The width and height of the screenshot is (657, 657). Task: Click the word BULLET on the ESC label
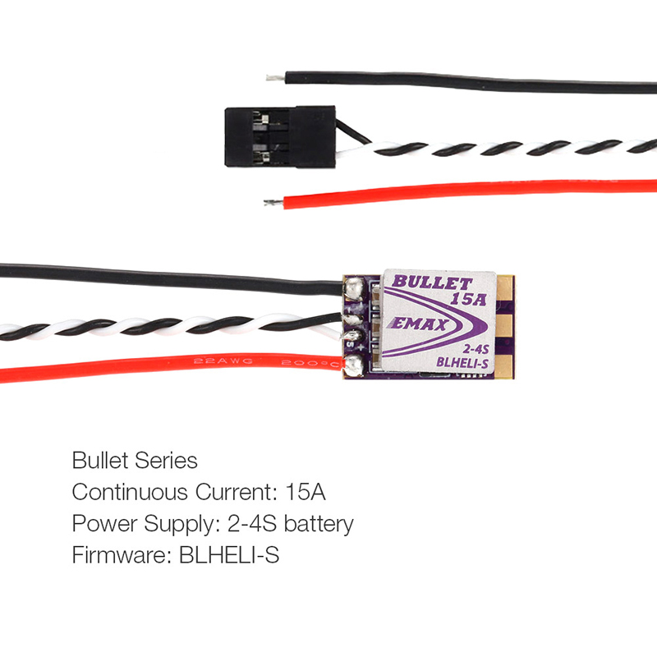432,283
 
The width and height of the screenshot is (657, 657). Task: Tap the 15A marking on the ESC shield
468,299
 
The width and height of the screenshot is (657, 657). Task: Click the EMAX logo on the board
419,324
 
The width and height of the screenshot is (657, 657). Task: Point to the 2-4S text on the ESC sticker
476,349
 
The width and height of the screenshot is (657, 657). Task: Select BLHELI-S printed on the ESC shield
462,362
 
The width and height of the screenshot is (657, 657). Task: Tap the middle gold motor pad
505,327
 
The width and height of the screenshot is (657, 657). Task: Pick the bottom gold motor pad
505,365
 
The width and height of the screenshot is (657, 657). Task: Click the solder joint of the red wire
354,365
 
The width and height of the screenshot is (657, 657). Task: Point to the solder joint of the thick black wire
354,288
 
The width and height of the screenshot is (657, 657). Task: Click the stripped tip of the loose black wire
275,78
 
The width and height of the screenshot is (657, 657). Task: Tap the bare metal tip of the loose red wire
273,203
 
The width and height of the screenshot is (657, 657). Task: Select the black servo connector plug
280,136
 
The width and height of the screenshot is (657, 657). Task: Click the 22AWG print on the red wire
223,361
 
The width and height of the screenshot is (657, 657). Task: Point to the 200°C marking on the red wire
310,363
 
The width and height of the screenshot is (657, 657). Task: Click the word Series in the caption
166,461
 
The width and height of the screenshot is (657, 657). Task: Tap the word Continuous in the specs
130,492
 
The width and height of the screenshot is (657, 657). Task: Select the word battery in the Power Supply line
319,524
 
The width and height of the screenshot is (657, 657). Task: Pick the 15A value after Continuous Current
305,492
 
